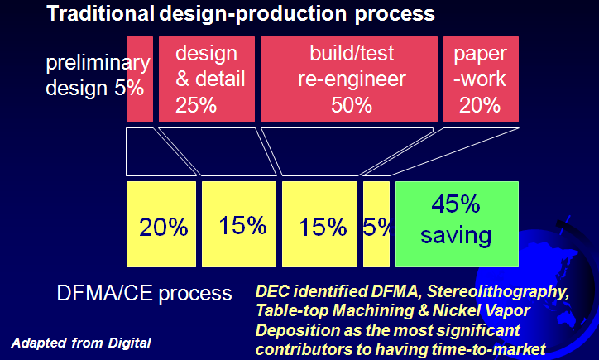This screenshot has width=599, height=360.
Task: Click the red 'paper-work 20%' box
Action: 481,79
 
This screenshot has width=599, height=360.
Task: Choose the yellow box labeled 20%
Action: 161,228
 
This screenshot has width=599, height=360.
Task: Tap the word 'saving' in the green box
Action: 457,236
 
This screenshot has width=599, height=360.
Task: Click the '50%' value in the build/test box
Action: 351,105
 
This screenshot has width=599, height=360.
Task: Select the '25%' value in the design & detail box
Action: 196,105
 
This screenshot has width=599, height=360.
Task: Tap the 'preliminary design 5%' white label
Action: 91,75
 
